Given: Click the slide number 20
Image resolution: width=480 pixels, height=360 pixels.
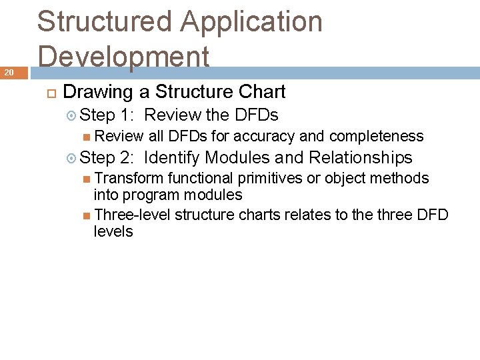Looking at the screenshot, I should tap(9, 73).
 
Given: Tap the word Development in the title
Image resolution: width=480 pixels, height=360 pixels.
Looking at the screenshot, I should tap(123, 57).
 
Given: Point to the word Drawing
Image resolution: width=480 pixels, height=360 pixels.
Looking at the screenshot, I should tap(98, 92).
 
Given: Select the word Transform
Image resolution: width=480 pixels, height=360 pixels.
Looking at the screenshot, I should tap(129, 178).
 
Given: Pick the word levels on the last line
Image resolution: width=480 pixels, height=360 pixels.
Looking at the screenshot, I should tap(113, 232).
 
